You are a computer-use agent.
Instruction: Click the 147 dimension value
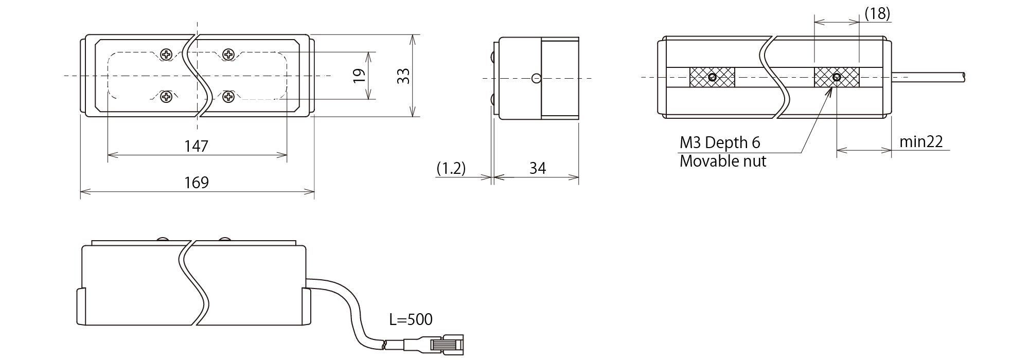[197, 146]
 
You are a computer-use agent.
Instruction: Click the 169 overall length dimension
[197, 183]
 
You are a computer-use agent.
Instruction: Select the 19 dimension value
[360, 76]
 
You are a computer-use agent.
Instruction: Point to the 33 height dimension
[404, 76]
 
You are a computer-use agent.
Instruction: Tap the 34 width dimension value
[537, 168]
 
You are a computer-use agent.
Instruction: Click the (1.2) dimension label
[451, 168]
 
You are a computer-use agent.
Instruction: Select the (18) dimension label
[877, 14]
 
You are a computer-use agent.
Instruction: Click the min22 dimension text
[921, 141]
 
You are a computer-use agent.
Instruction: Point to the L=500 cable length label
[411, 319]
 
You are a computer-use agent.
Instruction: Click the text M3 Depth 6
[720, 142]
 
